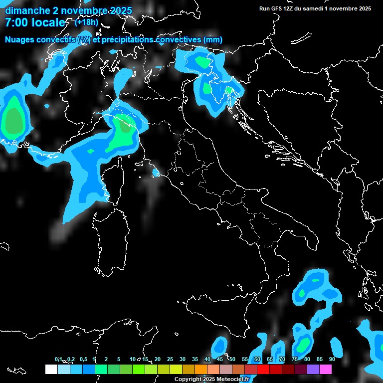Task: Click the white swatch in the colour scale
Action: (51, 370)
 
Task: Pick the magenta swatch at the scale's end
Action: (326, 370)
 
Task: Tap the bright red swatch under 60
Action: (263, 370)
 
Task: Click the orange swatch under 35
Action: (200, 370)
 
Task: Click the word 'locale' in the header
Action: (48, 23)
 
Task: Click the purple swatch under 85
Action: (313, 370)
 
